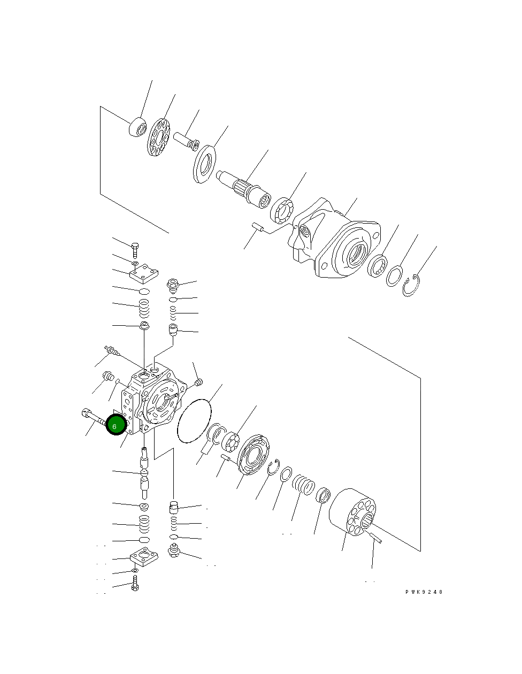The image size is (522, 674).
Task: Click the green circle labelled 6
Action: pyautogui.click(x=115, y=425)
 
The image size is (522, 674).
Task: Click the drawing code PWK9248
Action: pyautogui.click(x=424, y=592)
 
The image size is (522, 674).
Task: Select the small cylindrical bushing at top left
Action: pyautogui.click(x=138, y=127)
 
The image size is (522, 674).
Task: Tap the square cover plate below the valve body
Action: pyautogui.click(x=144, y=558)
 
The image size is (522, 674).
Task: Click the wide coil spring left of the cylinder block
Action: pyautogui.click(x=303, y=488)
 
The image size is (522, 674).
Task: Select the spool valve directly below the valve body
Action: pyautogui.click(x=144, y=473)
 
